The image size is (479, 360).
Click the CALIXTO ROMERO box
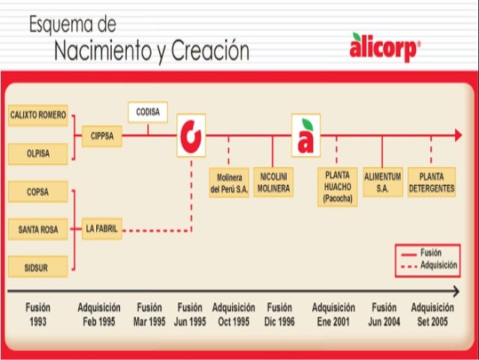pos(38,115)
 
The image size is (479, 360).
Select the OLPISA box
pos(38,153)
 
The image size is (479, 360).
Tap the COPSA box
pos(38,192)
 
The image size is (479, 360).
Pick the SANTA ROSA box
pos(38,228)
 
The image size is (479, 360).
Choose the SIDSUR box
pos(38,265)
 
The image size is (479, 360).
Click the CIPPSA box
pos(101,136)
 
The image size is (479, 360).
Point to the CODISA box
pos(147,112)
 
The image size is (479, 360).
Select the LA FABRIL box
pos(101,228)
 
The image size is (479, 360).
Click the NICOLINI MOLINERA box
pos(273,183)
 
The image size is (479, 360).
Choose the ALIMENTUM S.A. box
pos(383,183)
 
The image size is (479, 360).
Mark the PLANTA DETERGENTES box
pos(431,183)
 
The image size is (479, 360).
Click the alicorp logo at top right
pos(384,48)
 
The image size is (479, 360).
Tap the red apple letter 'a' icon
pos(306,135)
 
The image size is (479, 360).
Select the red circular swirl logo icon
pos(191,135)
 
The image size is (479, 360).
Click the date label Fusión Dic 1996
pos(279,313)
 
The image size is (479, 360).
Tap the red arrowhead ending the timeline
pos(457,135)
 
